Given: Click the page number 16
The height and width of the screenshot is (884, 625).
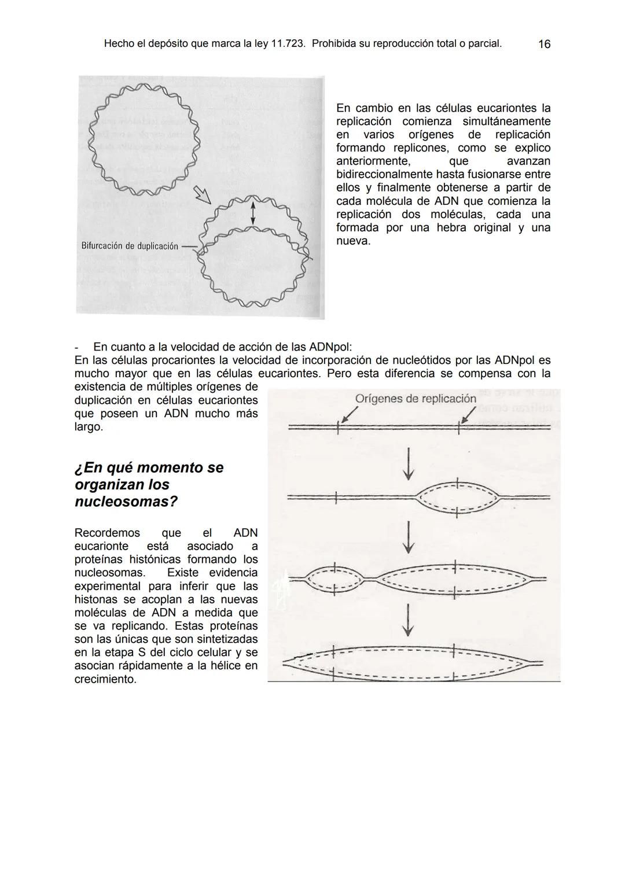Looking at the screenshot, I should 544,44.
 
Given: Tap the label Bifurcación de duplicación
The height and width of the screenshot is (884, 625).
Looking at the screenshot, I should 130,246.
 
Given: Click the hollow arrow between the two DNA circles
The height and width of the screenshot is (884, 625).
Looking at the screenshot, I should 203,194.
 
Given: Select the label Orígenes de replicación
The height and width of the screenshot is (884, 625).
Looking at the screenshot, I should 415,399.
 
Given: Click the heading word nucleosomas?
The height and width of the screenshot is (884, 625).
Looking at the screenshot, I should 126,502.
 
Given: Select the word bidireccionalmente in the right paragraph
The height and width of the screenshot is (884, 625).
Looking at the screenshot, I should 385,174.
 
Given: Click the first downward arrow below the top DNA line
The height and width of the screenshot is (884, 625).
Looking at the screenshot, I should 409,463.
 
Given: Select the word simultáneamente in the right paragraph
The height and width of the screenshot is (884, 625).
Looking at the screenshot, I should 506,121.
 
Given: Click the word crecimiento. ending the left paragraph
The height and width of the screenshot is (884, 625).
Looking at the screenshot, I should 105,679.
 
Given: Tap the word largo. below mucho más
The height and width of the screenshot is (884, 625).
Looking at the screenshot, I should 89,427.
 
